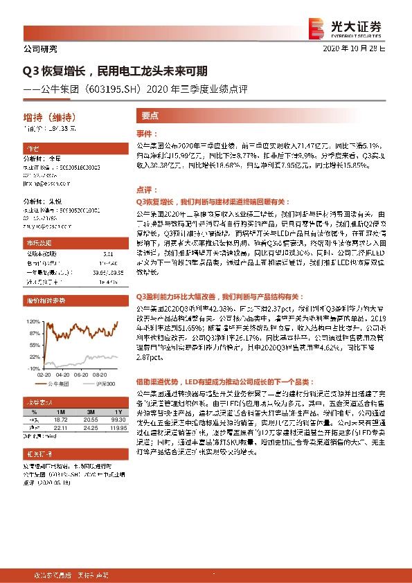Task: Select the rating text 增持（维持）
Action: (x=49, y=115)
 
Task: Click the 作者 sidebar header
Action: (x=33, y=149)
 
